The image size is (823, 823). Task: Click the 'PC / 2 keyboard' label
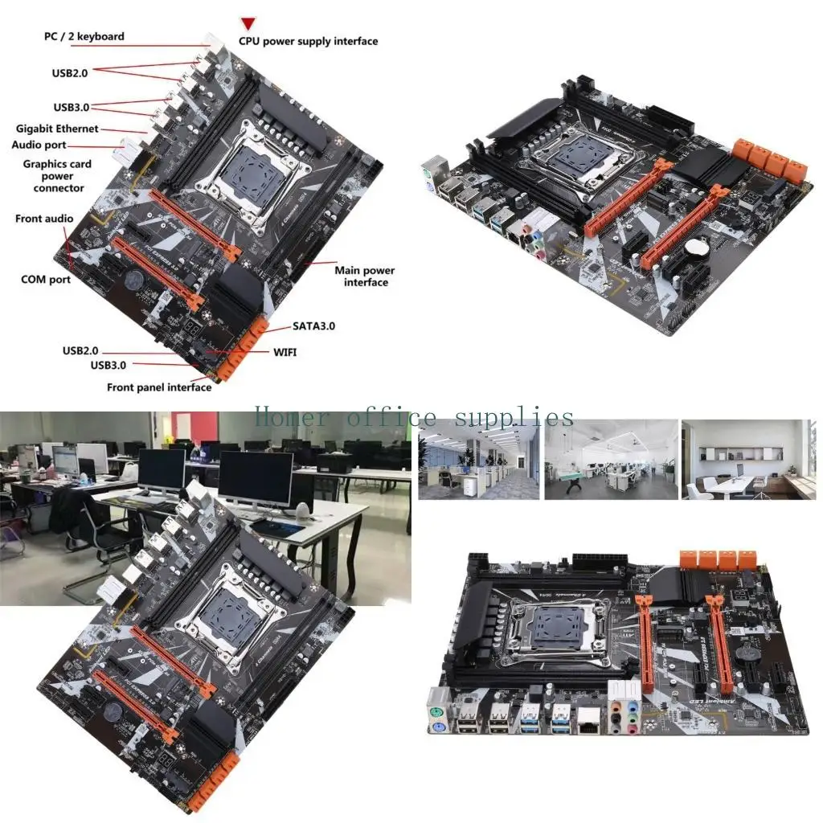coord(84,36)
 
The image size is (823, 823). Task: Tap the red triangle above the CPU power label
coord(249,24)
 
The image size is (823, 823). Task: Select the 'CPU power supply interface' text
coord(308,41)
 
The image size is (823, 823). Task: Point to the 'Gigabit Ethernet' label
coord(57,129)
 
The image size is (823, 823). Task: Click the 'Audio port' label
coord(39,145)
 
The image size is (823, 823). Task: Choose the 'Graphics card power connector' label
coord(57,176)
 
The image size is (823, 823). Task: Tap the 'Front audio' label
coord(43,219)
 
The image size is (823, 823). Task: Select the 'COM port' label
coord(45,280)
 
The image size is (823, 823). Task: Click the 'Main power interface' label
coord(365,276)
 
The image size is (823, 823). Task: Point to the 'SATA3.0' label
coord(313,326)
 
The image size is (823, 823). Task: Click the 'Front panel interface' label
coord(159,387)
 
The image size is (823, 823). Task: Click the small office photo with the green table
coord(610,459)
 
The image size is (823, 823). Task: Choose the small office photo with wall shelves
coord(747,459)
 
